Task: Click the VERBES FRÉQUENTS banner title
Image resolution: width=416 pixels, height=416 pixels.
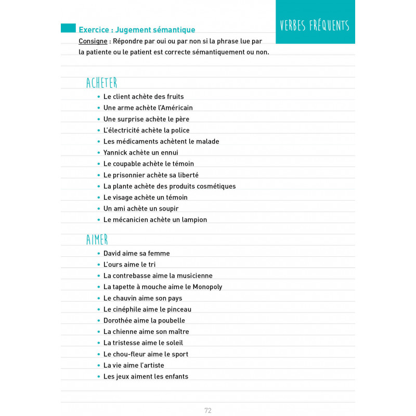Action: (315, 25)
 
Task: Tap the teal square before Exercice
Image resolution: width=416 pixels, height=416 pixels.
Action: (68, 28)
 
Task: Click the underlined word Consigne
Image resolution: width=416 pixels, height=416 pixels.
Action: (94, 41)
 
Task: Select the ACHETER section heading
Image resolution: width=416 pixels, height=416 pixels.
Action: (102, 83)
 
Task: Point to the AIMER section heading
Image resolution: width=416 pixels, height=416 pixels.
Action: (97, 240)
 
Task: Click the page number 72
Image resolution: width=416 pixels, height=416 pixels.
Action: (208, 410)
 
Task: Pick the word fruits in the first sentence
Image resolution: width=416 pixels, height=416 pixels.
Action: (174, 97)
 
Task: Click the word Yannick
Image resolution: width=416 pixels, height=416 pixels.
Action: (116, 153)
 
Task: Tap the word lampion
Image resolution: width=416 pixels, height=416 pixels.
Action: (193, 220)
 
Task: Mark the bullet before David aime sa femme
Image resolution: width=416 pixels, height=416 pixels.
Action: (98, 254)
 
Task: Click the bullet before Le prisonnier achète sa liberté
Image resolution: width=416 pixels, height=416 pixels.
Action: (98, 175)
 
